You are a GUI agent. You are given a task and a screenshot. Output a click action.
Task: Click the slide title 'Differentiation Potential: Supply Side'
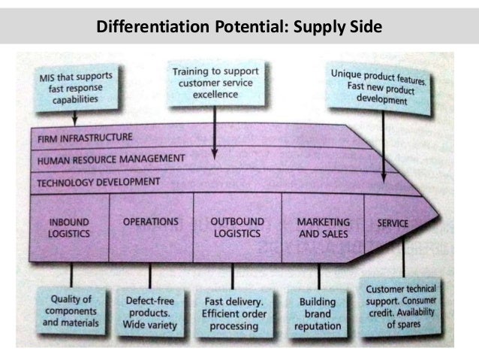pyautogui.click(x=239, y=28)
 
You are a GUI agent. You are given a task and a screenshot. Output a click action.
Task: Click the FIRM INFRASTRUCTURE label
pyautogui.click(x=84, y=138)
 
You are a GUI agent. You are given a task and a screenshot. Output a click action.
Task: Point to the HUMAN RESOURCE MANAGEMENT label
pyautogui.click(x=110, y=159)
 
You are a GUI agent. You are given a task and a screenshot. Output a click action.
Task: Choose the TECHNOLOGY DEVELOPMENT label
pyautogui.click(x=98, y=181)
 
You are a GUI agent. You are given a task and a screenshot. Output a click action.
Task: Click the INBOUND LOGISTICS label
pyautogui.click(x=70, y=227)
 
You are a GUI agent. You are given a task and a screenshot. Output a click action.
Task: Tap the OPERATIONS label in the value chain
pyautogui.click(x=150, y=222)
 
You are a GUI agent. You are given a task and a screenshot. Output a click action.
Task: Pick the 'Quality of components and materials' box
pyautogui.click(x=71, y=309)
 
